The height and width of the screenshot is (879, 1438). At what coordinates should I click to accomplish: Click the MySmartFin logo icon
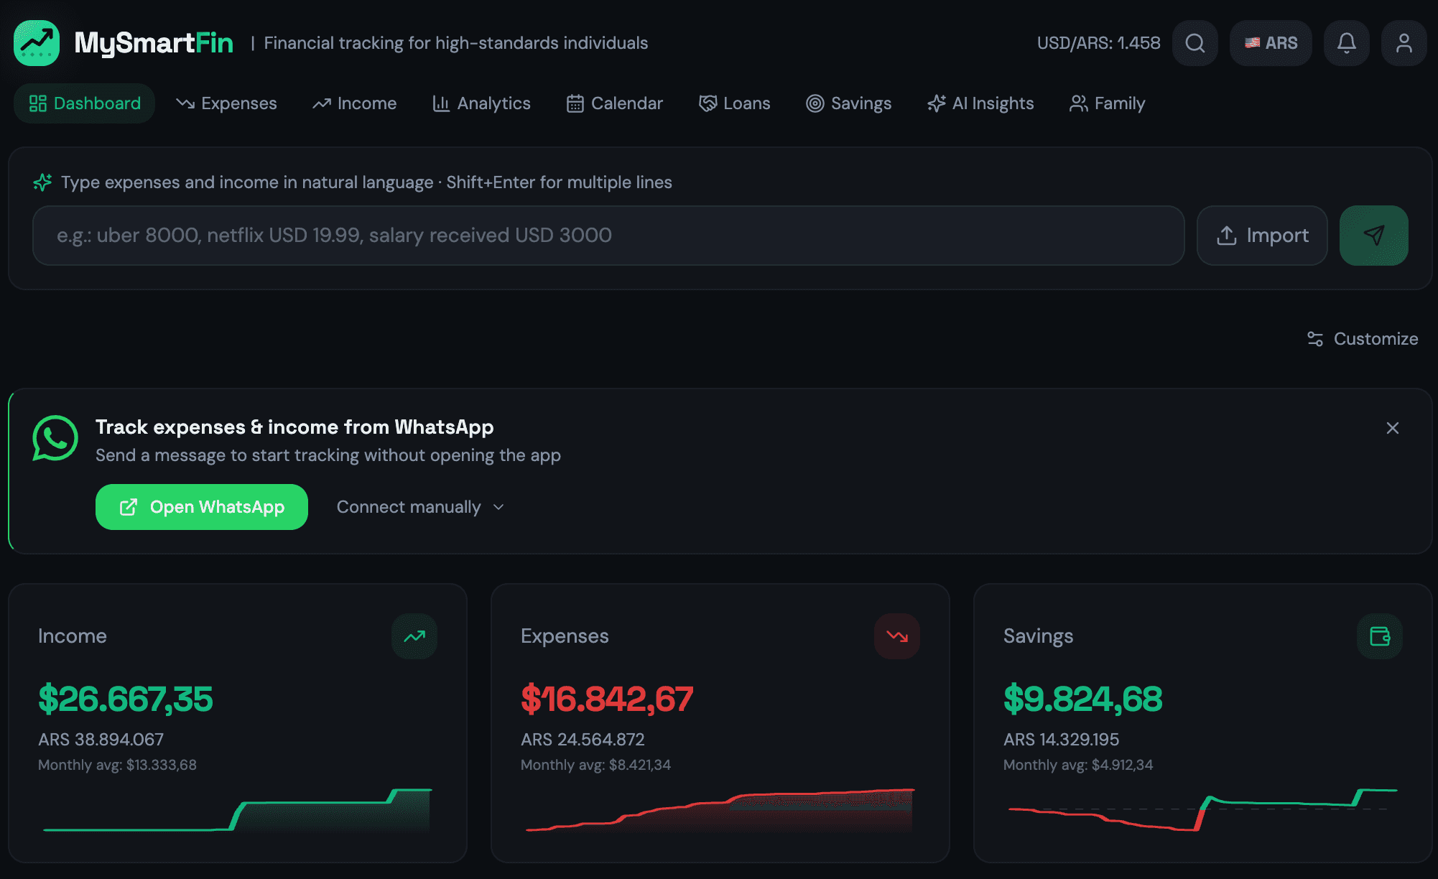pyautogui.click(x=37, y=43)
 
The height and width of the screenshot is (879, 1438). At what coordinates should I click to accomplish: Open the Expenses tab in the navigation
pyautogui.click(x=227, y=103)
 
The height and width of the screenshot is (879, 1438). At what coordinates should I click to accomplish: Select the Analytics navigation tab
pyautogui.click(x=481, y=103)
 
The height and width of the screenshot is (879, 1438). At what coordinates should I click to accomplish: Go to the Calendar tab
pyautogui.click(x=615, y=103)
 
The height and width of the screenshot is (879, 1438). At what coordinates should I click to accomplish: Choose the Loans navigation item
pyautogui.click(x=734, y=103)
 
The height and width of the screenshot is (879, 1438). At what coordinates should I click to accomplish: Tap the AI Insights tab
pyautogui.click(x=980, y=103)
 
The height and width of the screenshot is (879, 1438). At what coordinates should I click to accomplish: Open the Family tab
pyautogui.click(x=1107, y=103)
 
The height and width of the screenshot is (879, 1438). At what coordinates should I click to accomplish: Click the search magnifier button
pyautogui.click(x=1195, y=43)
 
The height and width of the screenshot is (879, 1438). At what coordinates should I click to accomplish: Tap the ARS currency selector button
pyautogui.click(x=1271, y=43)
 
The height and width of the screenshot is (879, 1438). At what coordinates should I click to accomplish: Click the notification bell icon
pyautogui.click(x=1347, y=43)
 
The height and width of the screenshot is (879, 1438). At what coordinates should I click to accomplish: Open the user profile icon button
pyautogui.click(x=1404, y=43)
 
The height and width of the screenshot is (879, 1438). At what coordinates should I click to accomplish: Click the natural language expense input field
pyautogui.click(x=608, y=236)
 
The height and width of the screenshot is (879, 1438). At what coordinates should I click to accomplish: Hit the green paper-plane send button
pyautogui.click(x=1373, y=236)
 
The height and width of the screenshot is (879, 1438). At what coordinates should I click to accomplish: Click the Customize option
pyautogui.click(x=1363, y=339)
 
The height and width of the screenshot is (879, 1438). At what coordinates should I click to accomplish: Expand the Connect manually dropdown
pyautogui.click(x=421, y=507)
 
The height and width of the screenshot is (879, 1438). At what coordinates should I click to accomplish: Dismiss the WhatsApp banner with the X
pyautogui.click(x=1393, y=428)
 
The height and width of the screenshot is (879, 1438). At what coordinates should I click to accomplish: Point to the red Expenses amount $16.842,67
pyautogui.click(x=607, y=699)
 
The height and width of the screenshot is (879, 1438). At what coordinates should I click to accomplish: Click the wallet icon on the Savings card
pyautogui.click(x=1380, y=636)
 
